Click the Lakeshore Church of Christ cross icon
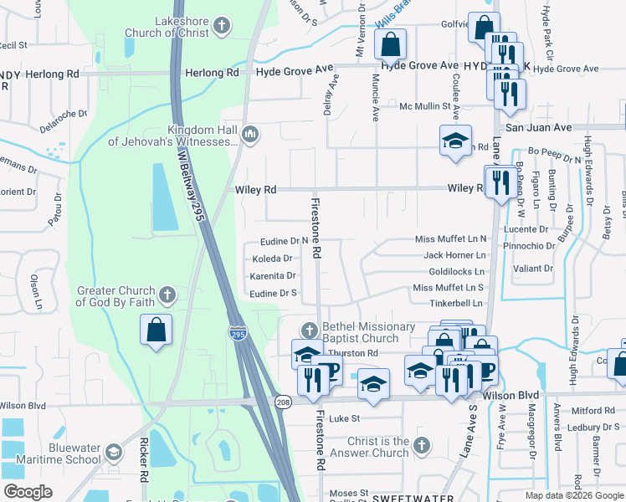(222, 25)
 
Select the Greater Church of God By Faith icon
(167, 295)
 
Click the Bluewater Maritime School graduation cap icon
(112, 453)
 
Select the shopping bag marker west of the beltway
(156, 330)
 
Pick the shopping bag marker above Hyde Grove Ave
(390, 44)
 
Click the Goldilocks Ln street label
(456, 272)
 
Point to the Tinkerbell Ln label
(456, 303)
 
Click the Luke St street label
(344, 418)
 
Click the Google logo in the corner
(28, 491)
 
